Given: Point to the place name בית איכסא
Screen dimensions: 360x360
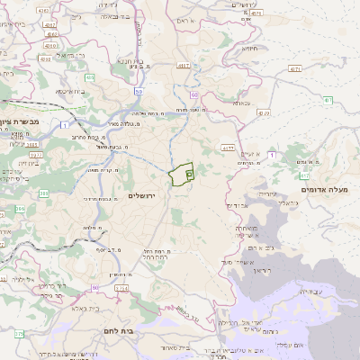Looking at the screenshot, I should [x=71, y=91].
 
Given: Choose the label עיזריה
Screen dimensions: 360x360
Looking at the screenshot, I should [x=268, y=193].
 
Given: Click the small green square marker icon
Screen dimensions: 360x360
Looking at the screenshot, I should [x=189, y=173].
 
